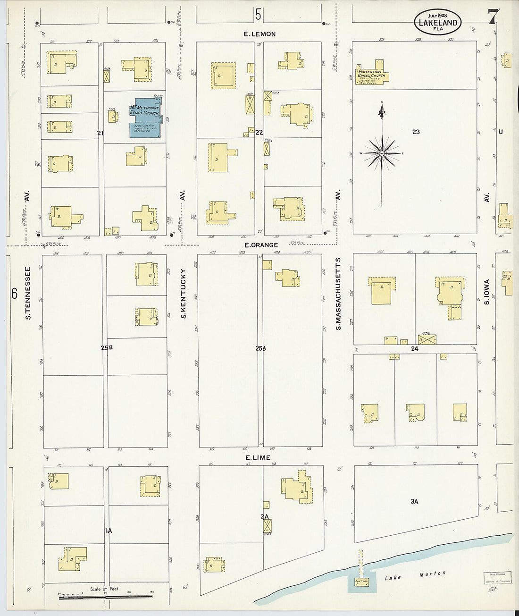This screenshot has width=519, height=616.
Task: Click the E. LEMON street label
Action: (x=259, y=34)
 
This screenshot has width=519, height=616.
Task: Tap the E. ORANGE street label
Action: (x=261, y=245)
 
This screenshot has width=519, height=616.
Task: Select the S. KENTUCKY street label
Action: (x=184, y=293)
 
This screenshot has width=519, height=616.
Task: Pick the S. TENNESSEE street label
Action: (x=28, y=293)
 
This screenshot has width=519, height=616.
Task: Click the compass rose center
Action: (x=381, y=153)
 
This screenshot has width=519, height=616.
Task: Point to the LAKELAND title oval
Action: (x=437, y=22)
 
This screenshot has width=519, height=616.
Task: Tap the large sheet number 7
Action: (x=492, y=17)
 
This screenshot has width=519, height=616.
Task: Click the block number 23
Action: (x=416, y=132)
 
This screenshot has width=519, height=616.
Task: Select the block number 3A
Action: (x=414, y=501)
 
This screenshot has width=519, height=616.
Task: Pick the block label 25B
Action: (x=107, y=348)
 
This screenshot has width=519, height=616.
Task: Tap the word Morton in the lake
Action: (x=433, y=574)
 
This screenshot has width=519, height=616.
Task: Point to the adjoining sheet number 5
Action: (x=258, y=15)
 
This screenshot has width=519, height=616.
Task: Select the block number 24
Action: (x=414, y=349)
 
